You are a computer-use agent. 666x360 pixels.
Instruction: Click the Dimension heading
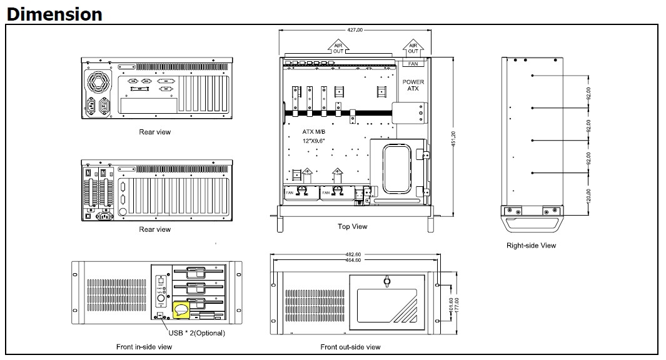pos(54,14)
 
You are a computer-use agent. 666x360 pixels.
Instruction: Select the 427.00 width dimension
pos(354,29)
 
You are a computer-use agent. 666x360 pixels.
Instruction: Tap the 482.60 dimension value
pos(353,254)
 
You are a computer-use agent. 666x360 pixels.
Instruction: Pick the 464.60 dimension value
pos(353,260)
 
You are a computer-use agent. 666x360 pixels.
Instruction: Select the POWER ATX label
pos(413,86)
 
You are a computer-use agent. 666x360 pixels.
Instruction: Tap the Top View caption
pos(352,227)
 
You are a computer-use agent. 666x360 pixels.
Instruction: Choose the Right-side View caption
pos(531,246)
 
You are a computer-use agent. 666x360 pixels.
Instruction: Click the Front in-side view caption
pos(144,346)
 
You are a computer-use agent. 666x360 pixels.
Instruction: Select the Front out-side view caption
pos(350,346)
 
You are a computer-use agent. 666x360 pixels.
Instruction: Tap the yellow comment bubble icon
pos(181,309)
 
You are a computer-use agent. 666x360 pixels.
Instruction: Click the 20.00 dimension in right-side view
pos(588,196)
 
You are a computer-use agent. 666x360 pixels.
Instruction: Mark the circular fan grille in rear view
pos(99,81)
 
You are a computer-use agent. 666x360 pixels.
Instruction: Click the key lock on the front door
pos(386,282)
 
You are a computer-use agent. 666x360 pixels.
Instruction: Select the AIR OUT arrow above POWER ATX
pos(413,47)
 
